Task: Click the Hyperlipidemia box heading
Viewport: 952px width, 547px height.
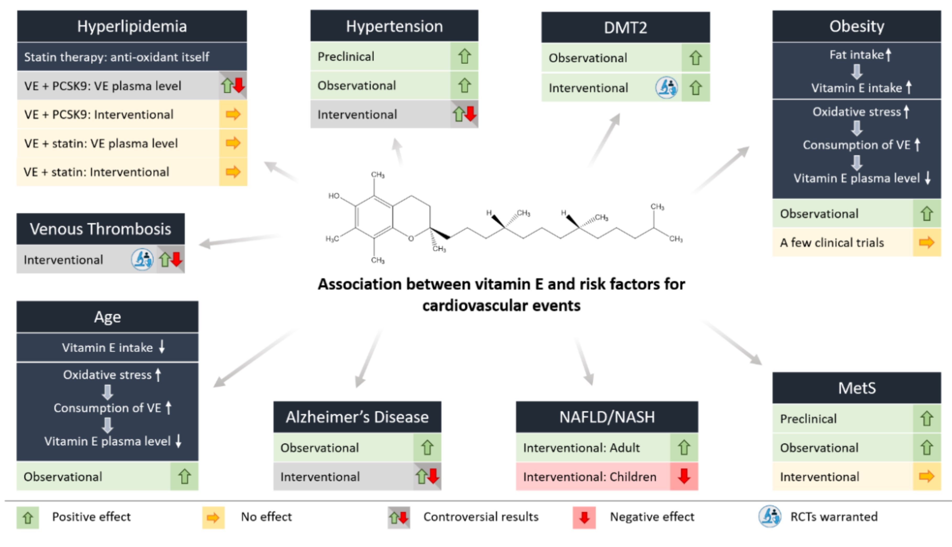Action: [132, 26]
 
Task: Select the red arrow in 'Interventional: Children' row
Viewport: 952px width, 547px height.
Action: [684, 476]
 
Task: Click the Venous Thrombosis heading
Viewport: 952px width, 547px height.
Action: [100, 229]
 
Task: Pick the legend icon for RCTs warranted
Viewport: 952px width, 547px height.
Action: [770, 517]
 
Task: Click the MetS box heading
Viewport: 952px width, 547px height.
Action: [857, 388]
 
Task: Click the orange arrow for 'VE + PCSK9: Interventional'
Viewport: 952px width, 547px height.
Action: [233, 114]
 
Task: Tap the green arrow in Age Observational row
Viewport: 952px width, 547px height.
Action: [184, 476]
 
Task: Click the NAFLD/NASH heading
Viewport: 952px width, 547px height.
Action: [607, 417]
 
